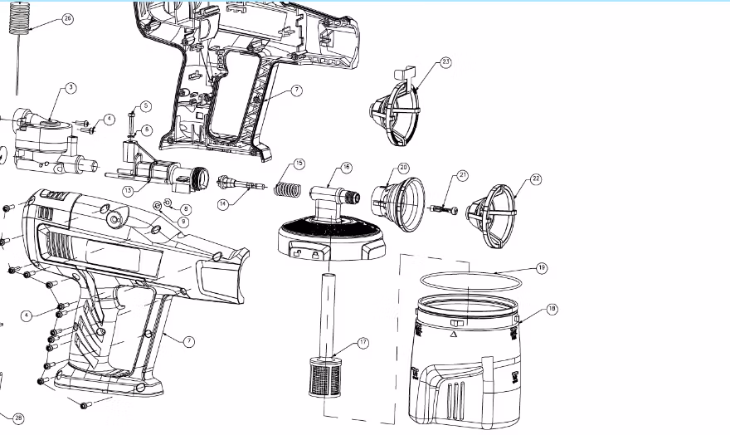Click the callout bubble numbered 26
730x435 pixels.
point(68,17)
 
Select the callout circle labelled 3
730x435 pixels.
point(71,87)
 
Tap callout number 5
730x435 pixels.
point(145,106)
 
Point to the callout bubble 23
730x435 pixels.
point(446,63)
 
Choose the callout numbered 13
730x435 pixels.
point(129,190)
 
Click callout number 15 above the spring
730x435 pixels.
point(299,164)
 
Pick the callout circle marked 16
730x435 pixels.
point(347,168)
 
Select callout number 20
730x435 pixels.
point(403,168)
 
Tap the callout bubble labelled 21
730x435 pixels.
point(463,175)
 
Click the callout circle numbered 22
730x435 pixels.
point(536,178)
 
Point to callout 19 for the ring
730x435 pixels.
point(541,268)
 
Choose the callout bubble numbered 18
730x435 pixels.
point(552,309)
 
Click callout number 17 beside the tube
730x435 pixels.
point(363,342)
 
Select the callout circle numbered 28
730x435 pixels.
point(18,418)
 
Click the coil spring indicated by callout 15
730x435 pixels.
point(285,189)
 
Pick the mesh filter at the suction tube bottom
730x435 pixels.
point(325,375)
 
